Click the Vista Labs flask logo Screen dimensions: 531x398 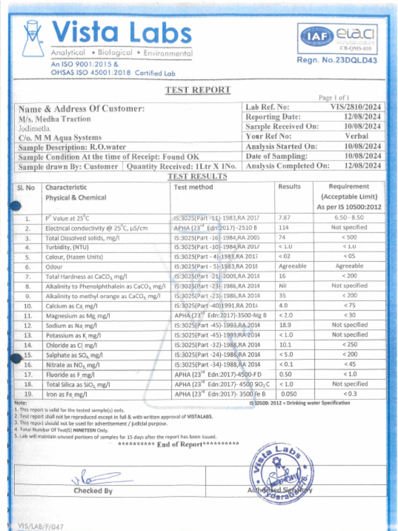tap(32, 39)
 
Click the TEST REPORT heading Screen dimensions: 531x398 tap(197, 90)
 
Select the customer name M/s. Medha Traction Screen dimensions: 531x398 tap(54, 119)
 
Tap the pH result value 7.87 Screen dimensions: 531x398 tap(284, 218)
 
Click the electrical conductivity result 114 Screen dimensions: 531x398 tap(283, 228)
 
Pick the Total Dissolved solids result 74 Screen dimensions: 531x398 tap(282, 237)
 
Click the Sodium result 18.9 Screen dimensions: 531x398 tap(285, 325)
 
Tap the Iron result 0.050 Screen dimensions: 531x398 tap(288, 394)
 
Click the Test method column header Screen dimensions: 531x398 tap(193, 187)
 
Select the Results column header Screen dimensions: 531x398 tap(289, 187)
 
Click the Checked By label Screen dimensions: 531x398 tap(93, 491)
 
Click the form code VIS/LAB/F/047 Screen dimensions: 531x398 tap(41, 526)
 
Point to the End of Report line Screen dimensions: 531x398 tap(179, 444)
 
